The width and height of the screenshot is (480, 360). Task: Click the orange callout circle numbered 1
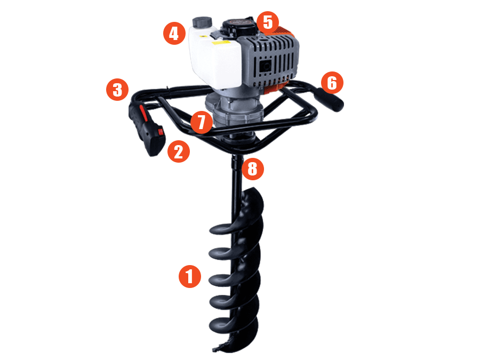tap(190, 276)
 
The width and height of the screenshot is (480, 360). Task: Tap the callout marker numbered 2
tap(179, 151)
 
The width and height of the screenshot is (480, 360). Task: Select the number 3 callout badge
tap(117, 90)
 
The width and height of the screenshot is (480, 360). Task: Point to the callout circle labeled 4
tap(174, 34)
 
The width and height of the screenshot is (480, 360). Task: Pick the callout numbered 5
tap(268, 22)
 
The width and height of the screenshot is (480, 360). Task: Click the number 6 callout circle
tap(332, 83)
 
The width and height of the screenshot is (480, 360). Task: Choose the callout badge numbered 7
tap(202, 122)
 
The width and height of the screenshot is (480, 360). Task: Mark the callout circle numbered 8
tap(253, 169)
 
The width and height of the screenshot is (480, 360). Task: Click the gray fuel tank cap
tap(202, 22)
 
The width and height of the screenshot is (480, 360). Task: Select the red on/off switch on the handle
tap(161, 132)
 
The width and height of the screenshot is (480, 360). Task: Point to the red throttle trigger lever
tap(143, 113)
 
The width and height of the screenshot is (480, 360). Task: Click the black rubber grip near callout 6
tap(330, 100)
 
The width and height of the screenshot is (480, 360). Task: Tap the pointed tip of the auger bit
tap(214, 349)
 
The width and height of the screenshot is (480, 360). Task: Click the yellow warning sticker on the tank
tap(221, 43)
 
